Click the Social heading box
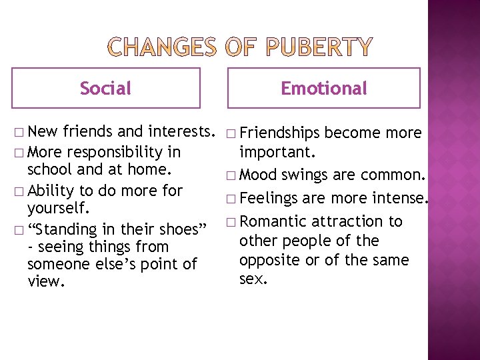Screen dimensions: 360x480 pos(105,88)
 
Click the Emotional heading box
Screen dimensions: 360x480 pos(323,88)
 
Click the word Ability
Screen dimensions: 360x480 pos(51,191)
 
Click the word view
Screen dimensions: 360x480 pos(45,282)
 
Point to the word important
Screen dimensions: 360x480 pos(272,152)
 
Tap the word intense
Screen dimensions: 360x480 pos(400,198)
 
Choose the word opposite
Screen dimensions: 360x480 pos(269,259)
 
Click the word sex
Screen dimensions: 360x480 pos(253,279)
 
